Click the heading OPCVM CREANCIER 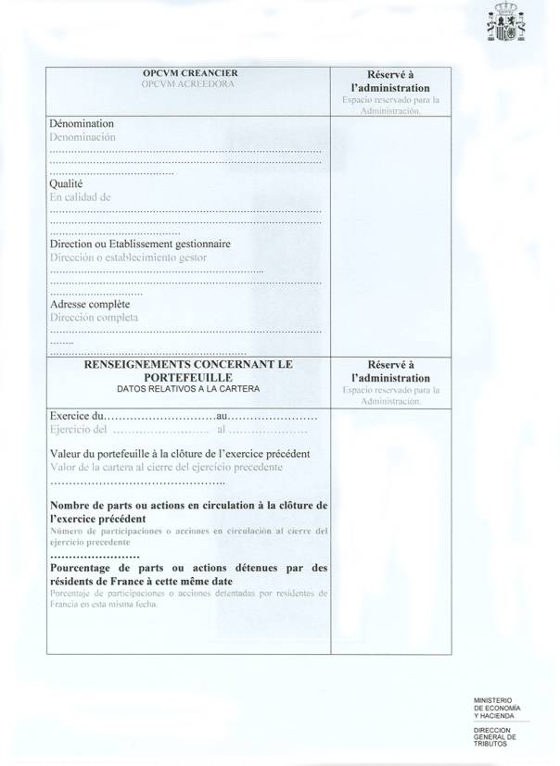coord(189,73)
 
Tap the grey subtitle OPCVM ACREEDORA coord(189,84)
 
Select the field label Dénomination coord(81,123)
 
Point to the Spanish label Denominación coord(83,136)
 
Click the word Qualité coord(67,183)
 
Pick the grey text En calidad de coord(80,196)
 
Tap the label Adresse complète coord(90,304)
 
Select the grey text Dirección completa coord(94,317)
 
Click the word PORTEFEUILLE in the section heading coord(189,378)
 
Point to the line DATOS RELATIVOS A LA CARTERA coord(189,389)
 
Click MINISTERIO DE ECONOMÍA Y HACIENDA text coord(496,708)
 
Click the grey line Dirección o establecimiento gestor coord(128,257)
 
